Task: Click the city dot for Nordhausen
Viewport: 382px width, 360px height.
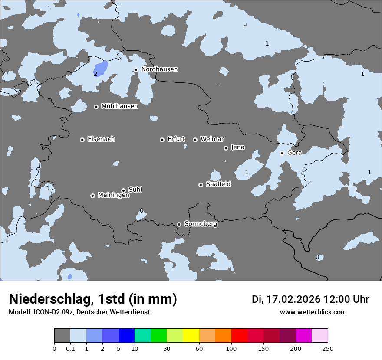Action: (136, 70)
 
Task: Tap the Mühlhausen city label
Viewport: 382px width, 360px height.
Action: (119, 106)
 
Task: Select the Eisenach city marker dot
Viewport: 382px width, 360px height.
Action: (82, 140)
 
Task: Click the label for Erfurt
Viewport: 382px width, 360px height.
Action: (176, 139)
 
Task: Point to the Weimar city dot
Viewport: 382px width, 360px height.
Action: (195, 140)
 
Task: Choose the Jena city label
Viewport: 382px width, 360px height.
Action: (237, 147)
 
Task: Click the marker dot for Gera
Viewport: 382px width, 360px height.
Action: (282, 153)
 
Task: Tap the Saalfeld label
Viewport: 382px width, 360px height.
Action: (218, 184)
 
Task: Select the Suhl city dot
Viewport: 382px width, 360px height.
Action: (123, 190)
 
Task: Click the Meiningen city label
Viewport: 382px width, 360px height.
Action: (113, 196)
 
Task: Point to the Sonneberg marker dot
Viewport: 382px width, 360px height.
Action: (179, 225)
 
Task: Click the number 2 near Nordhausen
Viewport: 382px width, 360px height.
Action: (95, 74)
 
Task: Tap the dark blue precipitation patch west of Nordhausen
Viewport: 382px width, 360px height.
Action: (101, 68)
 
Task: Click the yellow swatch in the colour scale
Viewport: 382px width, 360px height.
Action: (191, 336)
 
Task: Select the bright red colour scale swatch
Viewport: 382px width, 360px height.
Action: (239, 336)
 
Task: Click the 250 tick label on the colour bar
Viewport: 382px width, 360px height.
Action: (328, 348)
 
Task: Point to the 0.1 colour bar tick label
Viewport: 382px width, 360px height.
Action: (70, 348)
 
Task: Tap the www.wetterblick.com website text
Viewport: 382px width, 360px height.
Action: (313, 312)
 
